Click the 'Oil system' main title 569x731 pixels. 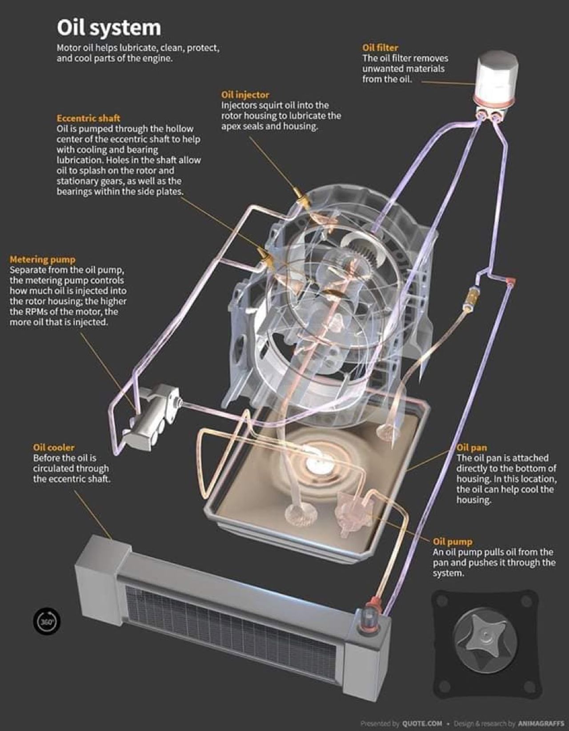coord(109,28)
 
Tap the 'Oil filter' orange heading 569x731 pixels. coord(380,48)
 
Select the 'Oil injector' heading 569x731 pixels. coord(245,95)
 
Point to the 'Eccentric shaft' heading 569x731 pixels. coord(88,118)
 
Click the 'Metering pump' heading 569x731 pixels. coord(43,259)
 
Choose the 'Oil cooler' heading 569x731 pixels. coord(54,448)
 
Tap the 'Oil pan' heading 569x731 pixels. coord(471,448)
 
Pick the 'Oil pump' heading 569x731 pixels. coord(453,542)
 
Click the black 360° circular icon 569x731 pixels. coord(47,621)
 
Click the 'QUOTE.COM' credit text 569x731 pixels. coord(422,723)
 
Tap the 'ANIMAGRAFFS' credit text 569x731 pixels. coord(541,723)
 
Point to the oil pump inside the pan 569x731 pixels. coord(352,512)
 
